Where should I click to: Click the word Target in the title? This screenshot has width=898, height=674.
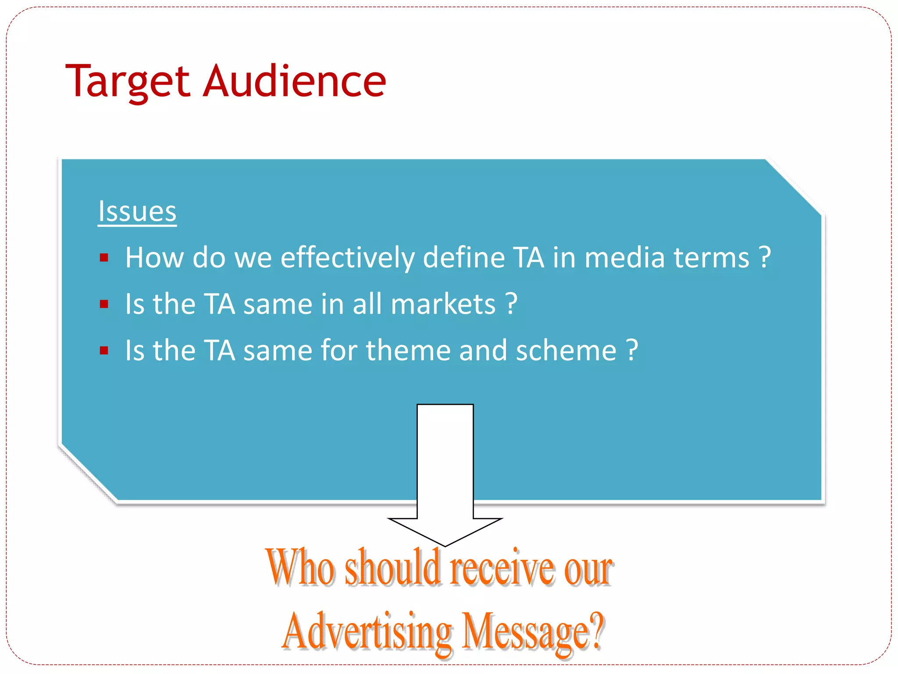tap(128, 82)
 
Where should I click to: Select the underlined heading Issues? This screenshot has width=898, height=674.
tap(137, 212)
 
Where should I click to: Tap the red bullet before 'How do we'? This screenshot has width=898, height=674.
tap(104, 258)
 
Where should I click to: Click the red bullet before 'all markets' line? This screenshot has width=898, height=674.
tap(104, 304)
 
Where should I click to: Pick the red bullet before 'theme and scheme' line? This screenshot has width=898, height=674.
tap(104, 351)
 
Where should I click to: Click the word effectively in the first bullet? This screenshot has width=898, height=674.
tap(347, 258)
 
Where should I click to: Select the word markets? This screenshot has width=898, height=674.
tap(443, 304)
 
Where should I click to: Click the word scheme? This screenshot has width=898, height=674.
tap(566, 351)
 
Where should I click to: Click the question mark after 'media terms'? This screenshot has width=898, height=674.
tap(765, 258)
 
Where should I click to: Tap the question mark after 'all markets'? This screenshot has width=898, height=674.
tap(511, 304)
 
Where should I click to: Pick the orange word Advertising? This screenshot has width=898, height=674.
tap(367, 632)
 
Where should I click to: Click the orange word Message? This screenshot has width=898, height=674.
tap(526, 632)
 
